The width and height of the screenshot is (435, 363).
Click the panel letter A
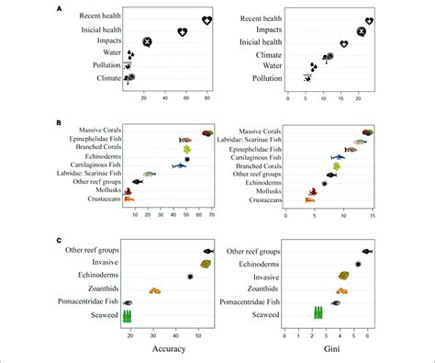[60, 8]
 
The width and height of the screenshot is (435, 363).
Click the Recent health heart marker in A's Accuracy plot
[207, 20]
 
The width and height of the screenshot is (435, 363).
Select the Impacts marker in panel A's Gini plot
[361, 31]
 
